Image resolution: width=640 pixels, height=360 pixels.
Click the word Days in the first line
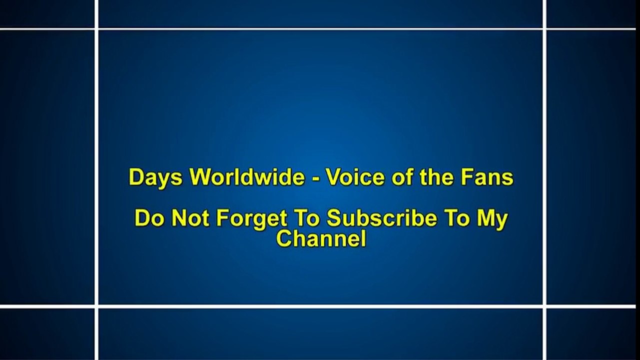click(x=155, y=177)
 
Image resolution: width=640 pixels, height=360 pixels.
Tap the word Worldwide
click(x=248, y=176)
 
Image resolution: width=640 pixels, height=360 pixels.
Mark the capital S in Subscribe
click(x=335, y=218)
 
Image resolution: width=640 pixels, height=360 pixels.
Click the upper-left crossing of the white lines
click(x=96, y=29)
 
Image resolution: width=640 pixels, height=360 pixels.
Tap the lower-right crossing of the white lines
click(x=544, y=306)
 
